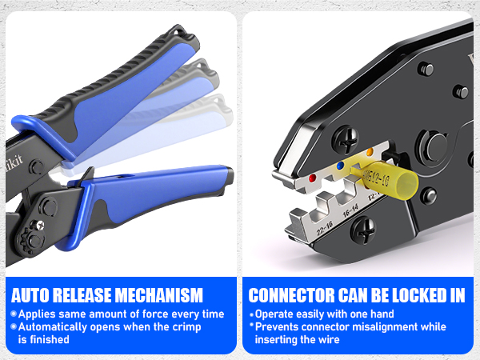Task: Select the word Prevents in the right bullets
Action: [x=279, y=327]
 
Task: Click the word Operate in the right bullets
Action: [x=278, y=314]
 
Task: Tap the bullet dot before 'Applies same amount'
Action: [x=13, y=314]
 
